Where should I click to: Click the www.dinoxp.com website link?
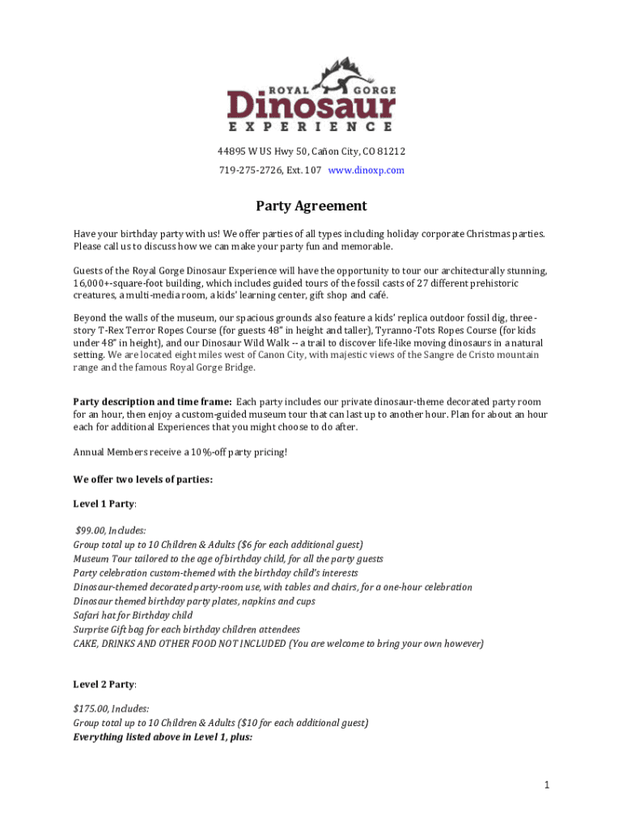(x=366, y=170)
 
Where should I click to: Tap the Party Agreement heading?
(x=311, y=206)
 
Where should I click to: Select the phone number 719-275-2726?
(x=247, y=170)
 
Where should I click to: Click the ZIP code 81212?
(x=392, y=151)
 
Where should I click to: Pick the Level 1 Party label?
(x=104, y=504)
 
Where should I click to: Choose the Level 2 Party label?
(x=104, y=684)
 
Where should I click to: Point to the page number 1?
(x=548, y=784)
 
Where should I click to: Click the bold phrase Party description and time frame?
(x=153, y=402)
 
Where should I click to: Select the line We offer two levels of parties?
(x=142, y=479)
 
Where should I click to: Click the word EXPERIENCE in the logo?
(x=311, y=127)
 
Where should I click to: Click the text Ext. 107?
(x=303, y=170)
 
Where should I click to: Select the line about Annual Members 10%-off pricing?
(x=180, y=452)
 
